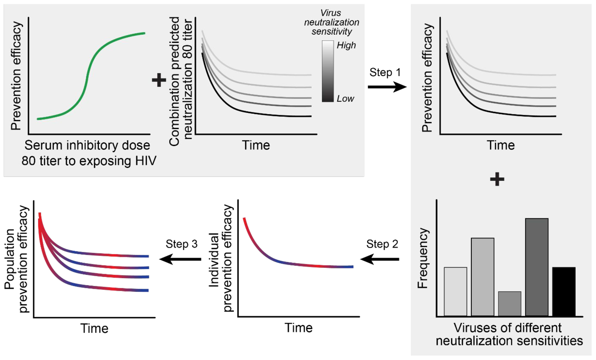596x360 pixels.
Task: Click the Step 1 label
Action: [385, 72]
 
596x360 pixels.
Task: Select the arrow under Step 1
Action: [387, 87]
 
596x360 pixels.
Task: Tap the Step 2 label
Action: [382, 244]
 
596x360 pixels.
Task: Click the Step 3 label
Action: [181, 244]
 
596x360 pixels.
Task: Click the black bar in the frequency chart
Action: [564, 291]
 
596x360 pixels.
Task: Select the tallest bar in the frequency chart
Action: [537, 267]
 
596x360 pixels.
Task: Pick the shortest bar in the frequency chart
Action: [510, 304]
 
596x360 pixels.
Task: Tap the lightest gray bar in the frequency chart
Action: [455, 291]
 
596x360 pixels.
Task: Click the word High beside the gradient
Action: [346, 45]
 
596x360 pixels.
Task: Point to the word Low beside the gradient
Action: [345, 99]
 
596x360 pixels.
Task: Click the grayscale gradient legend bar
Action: [328, 71]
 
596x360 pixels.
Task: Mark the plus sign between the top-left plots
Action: [159, 80]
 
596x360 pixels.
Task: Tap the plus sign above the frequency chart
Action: [497, 179]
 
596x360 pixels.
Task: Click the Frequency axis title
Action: [423, 258]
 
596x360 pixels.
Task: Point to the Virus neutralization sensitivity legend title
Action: [331, 22]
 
